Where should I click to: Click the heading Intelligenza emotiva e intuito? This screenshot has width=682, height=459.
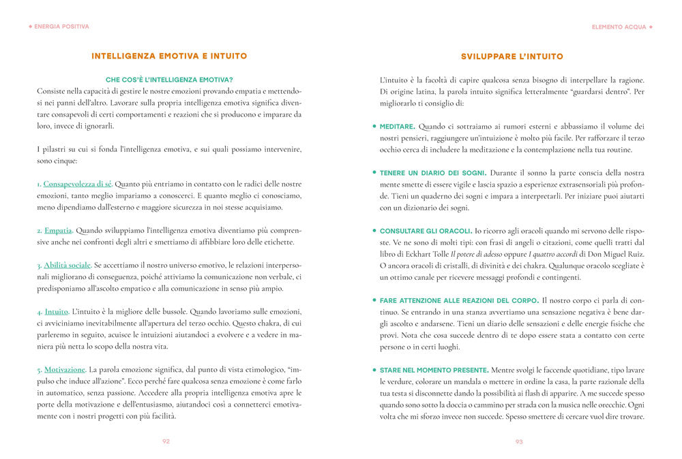tap(169, 56)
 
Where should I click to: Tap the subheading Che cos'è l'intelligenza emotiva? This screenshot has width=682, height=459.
tap(170, 80)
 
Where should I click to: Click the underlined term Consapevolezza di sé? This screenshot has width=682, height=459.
tap(78, 184)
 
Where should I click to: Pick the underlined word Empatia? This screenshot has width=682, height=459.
tap(58, 230)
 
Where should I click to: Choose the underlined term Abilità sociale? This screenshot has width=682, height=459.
tap(67, 265)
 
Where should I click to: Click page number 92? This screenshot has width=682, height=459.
tap(166, 441)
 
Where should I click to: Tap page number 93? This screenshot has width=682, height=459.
tap(519, 441)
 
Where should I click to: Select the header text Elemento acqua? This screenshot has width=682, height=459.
tap(619, 27)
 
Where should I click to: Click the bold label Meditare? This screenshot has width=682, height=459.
tap(398, 127)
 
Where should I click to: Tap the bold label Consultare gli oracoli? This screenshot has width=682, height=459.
tap(426, 231)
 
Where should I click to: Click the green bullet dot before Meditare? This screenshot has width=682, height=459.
tap(374, 127)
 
